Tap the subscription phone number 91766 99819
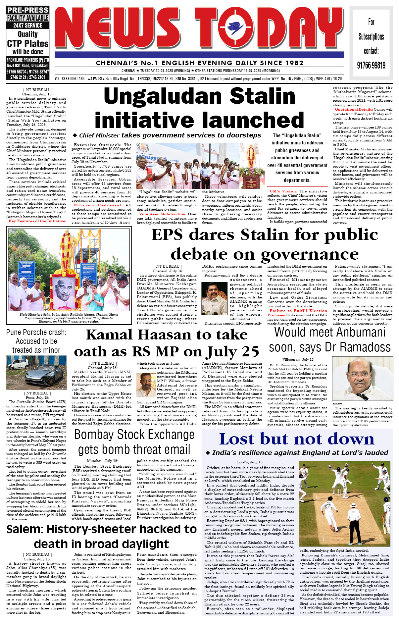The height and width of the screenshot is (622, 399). tap(371, 65)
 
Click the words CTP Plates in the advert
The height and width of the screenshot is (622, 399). tap(28, 44)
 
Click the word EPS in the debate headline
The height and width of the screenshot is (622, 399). tap(167, 235)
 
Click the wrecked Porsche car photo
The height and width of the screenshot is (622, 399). tap(36, 372)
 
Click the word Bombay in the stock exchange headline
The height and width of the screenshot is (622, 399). tap(97, 435)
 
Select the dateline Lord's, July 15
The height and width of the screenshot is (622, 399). tap(250, 462)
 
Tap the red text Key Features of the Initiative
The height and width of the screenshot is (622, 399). tap(37, 221)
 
